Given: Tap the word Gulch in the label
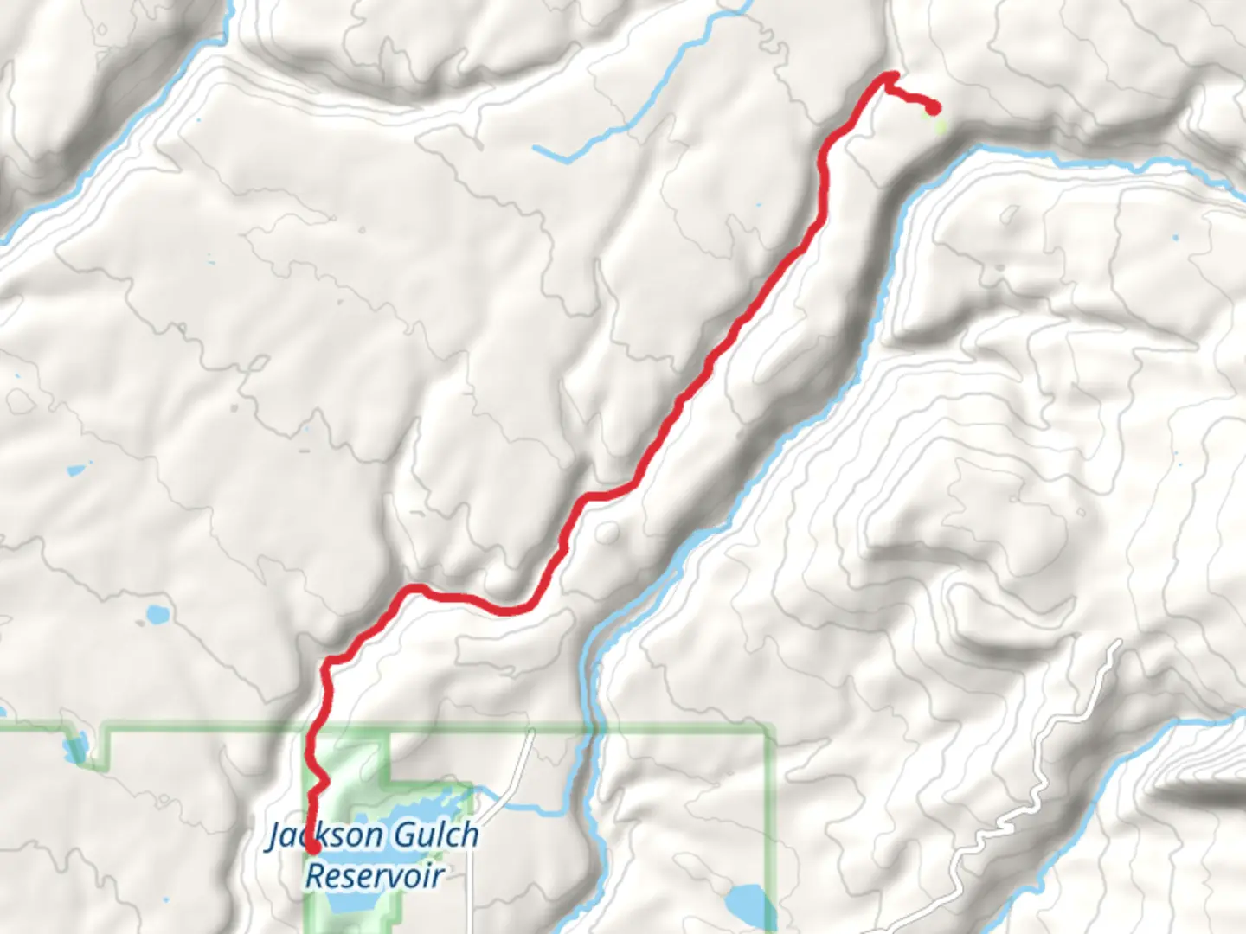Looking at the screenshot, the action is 435,835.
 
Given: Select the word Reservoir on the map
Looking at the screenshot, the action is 375,875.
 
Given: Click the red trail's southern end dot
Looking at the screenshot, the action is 310,849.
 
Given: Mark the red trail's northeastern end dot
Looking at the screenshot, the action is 934,107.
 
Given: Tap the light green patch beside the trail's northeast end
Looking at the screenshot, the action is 941,125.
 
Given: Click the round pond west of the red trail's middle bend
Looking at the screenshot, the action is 157,616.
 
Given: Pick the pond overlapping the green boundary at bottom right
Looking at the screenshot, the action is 745,905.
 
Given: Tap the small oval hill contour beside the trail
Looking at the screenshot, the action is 607,532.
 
